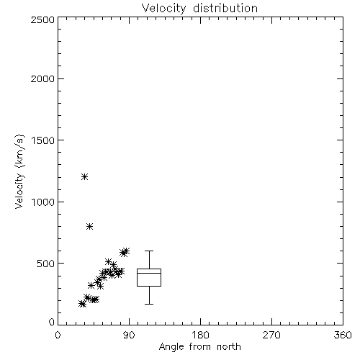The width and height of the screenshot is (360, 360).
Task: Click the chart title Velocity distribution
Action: [x=199, y=9]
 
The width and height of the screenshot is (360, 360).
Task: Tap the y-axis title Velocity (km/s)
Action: [x=19, y=171]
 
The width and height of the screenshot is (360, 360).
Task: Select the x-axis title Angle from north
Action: [x=199, y=346]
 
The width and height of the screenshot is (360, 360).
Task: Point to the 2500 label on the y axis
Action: [x=42, y=19]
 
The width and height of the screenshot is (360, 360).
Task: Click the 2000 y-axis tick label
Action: [x=42, y=78]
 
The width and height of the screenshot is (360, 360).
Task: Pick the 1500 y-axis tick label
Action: [x=43, y=140]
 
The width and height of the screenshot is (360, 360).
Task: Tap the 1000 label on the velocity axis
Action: [x=43, y=202]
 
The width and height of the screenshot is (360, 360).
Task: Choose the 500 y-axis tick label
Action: [x=46, y=264]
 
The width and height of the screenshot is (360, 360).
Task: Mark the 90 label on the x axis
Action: [x=129, y=335]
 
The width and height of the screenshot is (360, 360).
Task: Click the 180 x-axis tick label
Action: [x=200, y=335]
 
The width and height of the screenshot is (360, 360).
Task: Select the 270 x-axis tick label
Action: [x=271, y=335]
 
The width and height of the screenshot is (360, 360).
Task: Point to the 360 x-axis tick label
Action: [x=343, y=335]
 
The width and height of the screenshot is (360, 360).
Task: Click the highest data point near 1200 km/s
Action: [x=84, y=177]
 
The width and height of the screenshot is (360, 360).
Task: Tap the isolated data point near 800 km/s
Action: [x=89, y=226]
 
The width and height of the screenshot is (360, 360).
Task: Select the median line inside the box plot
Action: [x=149, y=273]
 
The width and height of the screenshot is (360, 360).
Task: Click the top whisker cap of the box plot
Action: [x=149, y=251]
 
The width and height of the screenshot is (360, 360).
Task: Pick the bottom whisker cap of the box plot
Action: [x=149, y=304]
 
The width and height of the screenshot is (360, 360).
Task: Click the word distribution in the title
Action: [x=225, y=9]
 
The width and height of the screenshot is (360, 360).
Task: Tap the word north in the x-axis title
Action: [x=229, y=346]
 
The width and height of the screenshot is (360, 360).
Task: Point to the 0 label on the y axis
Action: [x=52, y=322]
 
